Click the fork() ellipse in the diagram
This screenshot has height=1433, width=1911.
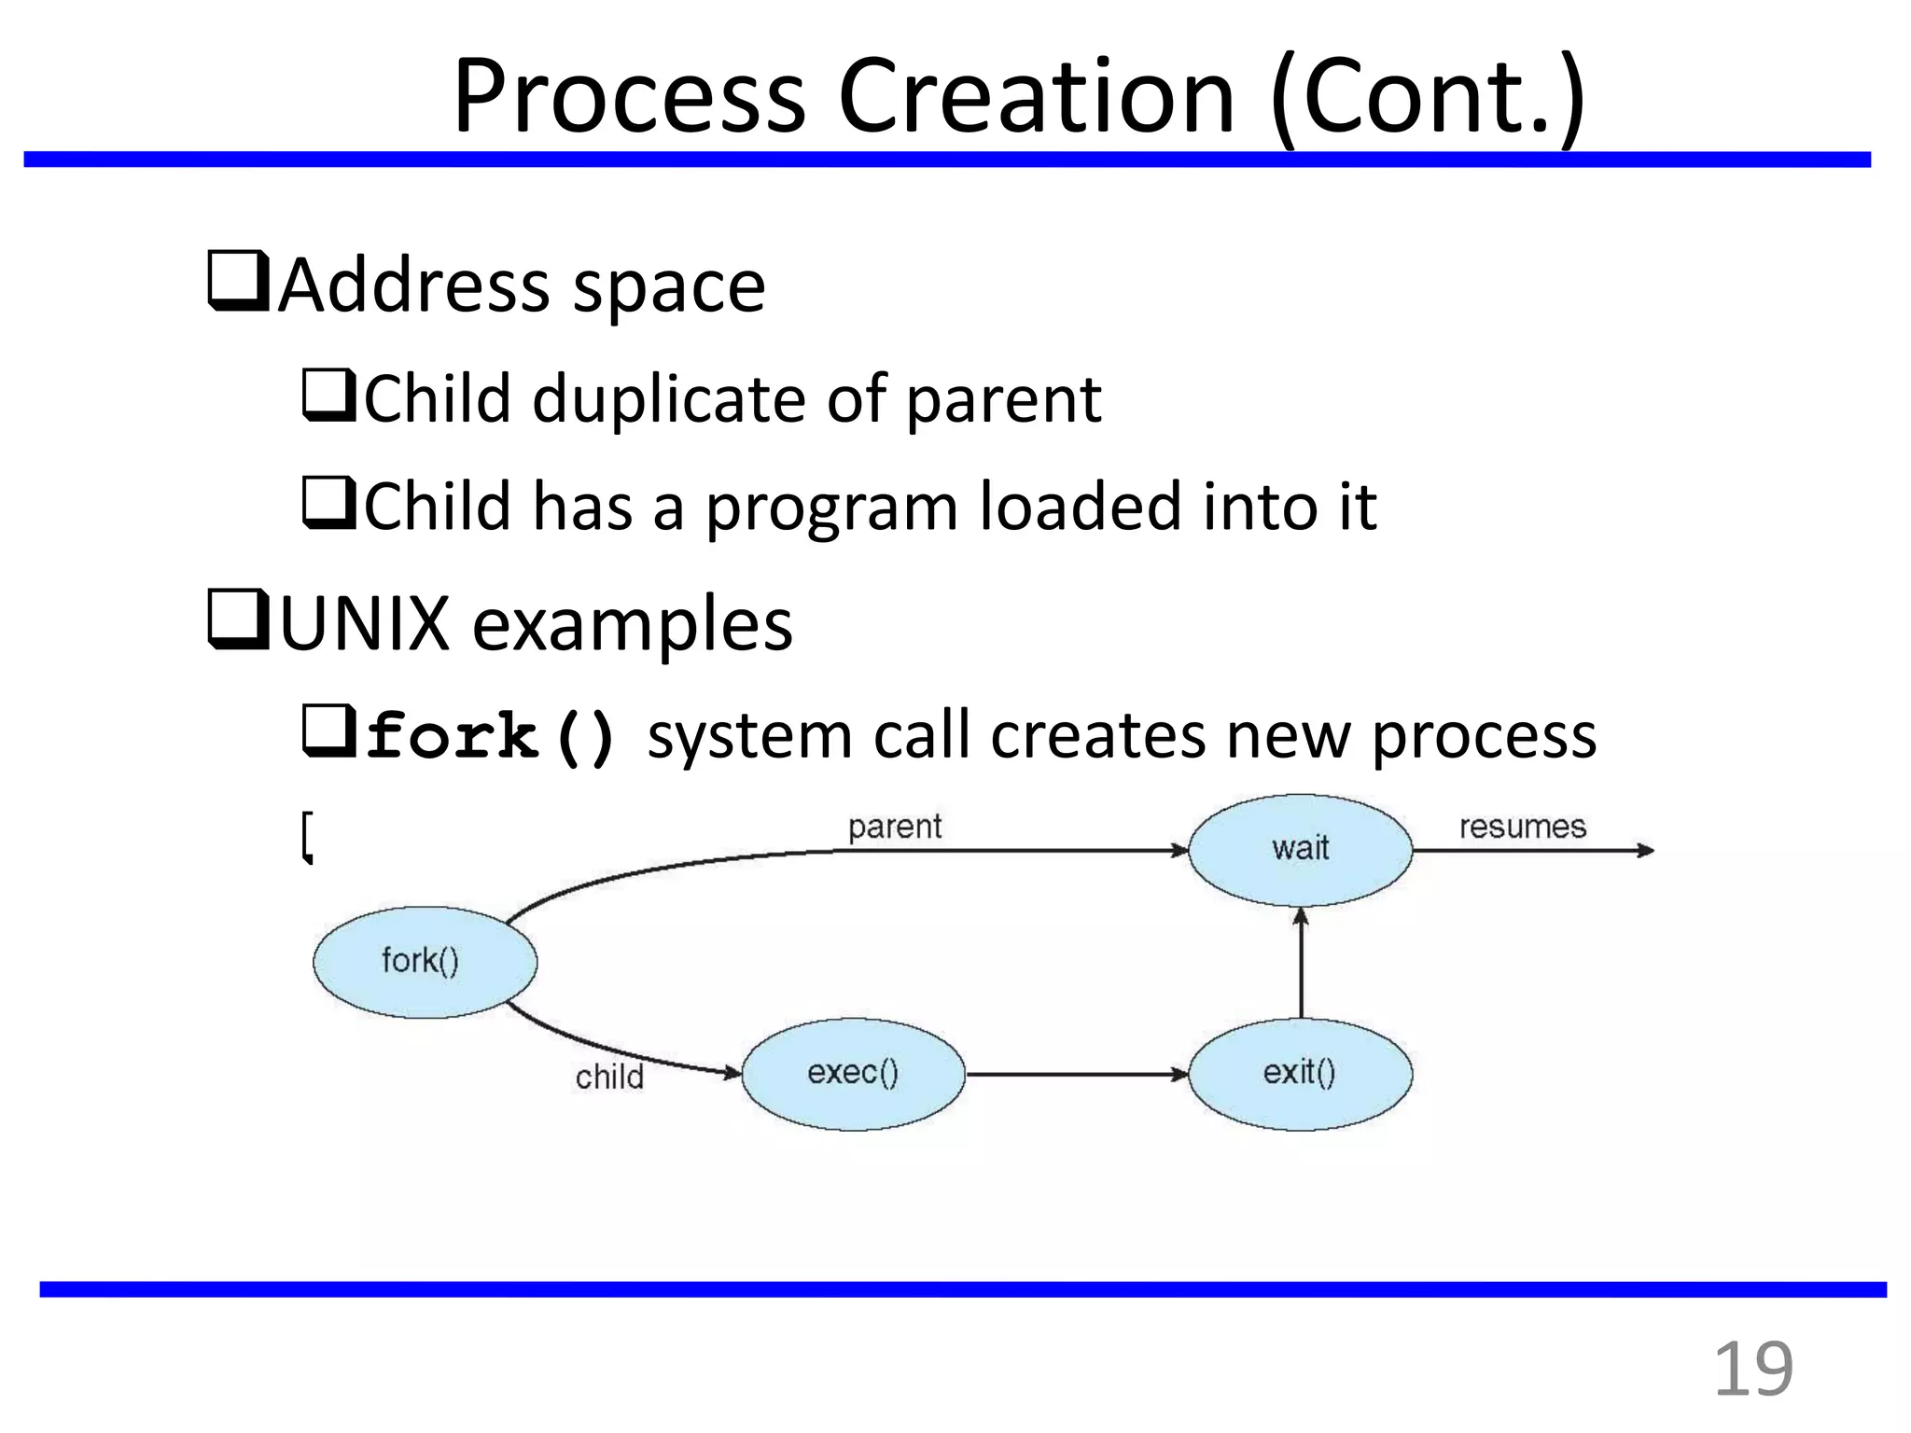click(x=425, y=962)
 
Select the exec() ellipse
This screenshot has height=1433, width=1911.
click(x=853, y=1074)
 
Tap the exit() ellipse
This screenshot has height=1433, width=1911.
click(x=1300, y=1074)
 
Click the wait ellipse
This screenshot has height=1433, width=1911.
click(x=1300, y=849)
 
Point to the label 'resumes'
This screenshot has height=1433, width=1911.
click(x=1522, y=827)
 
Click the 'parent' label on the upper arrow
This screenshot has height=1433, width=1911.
click(x=894, y=827)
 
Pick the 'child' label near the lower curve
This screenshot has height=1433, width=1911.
click(x=609, y=1078)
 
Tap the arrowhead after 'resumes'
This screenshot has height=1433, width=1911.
click(x=1646, y=850)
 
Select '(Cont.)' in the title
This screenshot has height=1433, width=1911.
click(x=1428, y=97)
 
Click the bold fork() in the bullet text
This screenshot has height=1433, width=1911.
click(x=491, y=737)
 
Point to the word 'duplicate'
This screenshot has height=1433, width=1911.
click(x=668, y=399)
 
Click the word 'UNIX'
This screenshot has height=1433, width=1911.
click(x=365, y=623)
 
